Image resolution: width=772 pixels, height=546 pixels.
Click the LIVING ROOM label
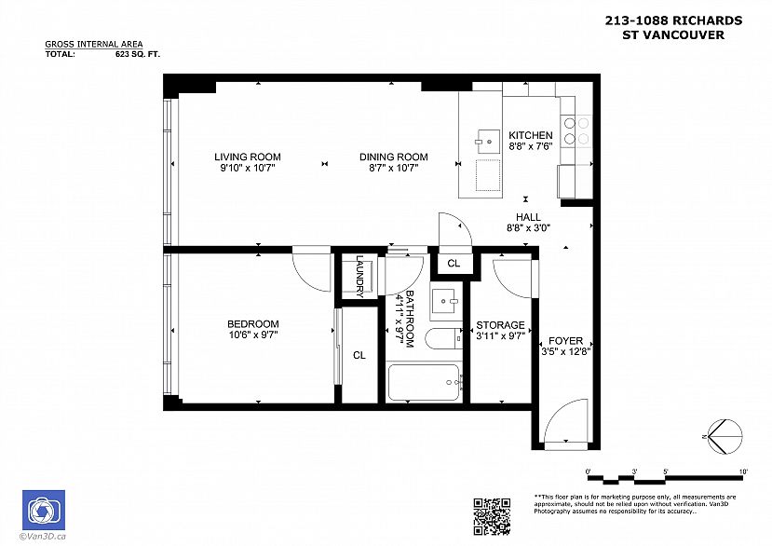point(247,157)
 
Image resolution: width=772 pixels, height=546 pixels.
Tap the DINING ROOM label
point(393,157)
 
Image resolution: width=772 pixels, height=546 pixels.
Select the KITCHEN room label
point(530,135)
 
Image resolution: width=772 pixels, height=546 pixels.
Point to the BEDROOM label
point(253,323)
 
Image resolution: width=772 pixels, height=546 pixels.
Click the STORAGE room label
point(500,325)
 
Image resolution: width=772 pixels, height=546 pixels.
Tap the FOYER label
point(565,340)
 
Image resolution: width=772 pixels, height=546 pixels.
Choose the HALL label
point(528,217)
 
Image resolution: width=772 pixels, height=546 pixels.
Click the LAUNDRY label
point(359,277)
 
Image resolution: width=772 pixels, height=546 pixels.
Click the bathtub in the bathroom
point(425,382)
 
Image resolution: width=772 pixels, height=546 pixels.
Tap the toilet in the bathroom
point(443,338)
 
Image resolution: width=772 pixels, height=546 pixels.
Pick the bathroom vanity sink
point(446,301)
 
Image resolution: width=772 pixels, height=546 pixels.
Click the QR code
point(492,516)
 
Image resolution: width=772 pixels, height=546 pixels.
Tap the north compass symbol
point(724,437)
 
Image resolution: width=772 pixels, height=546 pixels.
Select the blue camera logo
point(44,510)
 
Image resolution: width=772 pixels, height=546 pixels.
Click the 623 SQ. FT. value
point(138,54)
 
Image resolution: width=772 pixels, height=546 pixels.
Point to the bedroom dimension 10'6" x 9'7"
point(253,335)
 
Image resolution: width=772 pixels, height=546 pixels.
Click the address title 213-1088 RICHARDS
point(673,20)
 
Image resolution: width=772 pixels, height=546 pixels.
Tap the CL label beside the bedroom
point(359,355)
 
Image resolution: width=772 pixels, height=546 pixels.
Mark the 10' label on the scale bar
point(743,471)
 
